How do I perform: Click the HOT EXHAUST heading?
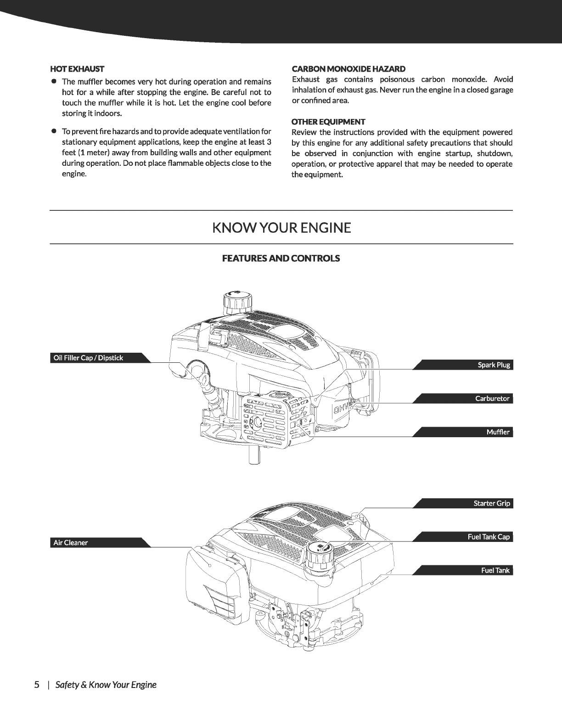point(77,69)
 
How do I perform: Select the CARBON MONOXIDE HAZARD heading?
point(348,69)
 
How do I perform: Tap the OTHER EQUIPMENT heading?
point(328,122)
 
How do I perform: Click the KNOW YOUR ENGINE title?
point(281,228)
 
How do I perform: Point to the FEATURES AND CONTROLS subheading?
point(281,258)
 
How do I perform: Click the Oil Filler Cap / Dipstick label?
point(88,358)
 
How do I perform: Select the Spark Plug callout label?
point(494,365)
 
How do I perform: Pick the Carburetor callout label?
point(492,399)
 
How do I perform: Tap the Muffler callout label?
point(498,432)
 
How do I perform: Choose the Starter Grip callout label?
point(491,503)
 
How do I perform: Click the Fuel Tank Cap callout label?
point(489,537)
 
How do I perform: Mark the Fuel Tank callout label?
point(495,570)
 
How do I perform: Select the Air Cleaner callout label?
point(70,542)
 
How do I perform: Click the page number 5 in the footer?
point(37,685)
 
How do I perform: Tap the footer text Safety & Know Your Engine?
point(106,685)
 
